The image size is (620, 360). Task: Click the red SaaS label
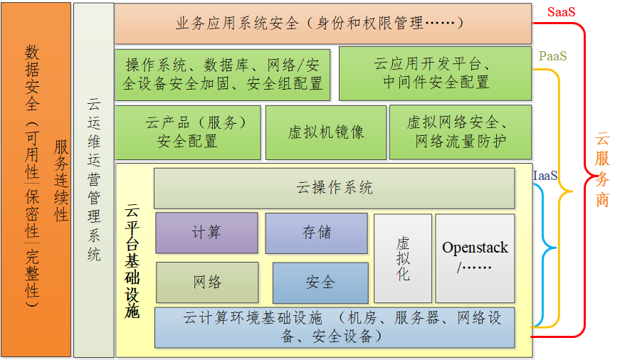(x=562, y=13)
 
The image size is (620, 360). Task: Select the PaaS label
(x=552, y=55)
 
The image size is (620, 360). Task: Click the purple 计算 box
(x=206, y=233)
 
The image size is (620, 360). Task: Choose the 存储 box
(x=316, y=233)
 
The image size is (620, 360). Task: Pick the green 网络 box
(x=206, y=282)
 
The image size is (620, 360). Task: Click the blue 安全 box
(x=320, y=282)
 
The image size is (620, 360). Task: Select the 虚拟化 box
(x=403, y=258)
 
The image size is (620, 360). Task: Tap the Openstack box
(x=475, y=258)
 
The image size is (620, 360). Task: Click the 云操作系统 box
(x=334, y=189)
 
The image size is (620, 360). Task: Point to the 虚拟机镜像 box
(x=325, y=132)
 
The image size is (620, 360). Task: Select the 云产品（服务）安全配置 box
(x=187, y=132)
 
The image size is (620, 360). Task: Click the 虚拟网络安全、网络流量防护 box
(x=460, y=132)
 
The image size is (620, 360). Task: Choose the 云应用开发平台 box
(x=435, y=73)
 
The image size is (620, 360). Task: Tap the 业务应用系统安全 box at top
(x=322, y=23)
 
